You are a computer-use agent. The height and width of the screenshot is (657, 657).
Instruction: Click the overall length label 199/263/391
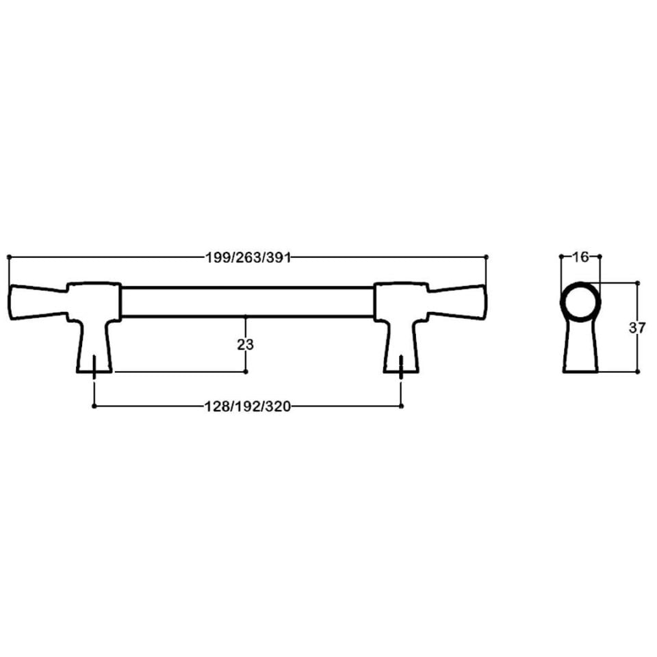248,257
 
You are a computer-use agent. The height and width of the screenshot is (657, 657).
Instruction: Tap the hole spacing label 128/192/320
248,406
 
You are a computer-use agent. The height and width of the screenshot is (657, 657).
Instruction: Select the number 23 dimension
246,345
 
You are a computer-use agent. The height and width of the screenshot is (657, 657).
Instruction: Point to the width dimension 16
580,257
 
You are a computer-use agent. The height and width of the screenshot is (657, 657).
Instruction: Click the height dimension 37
637,328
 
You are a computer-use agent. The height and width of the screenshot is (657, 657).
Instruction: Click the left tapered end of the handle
38,302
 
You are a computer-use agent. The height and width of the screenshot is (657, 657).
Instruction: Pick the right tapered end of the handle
456,302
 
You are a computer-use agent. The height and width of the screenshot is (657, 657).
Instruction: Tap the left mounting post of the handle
94,335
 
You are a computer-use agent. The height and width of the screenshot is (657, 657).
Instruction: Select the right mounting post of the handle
400,335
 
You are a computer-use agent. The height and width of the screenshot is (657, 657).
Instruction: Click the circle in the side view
580,302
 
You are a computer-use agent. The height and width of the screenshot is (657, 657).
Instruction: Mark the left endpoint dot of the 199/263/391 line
9,257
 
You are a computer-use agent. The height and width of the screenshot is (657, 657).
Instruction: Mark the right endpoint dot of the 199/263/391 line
487,257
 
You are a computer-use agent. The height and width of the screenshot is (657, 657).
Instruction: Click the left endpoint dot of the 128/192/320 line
93,406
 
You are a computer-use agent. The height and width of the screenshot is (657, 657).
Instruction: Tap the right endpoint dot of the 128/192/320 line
401,406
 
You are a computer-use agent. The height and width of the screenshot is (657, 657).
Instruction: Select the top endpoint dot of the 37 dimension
637,283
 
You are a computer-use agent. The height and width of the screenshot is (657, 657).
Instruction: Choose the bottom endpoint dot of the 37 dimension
637,372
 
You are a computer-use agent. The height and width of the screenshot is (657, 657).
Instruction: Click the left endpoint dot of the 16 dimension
561,257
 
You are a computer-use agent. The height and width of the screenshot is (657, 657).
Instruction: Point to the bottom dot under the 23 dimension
246,372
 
